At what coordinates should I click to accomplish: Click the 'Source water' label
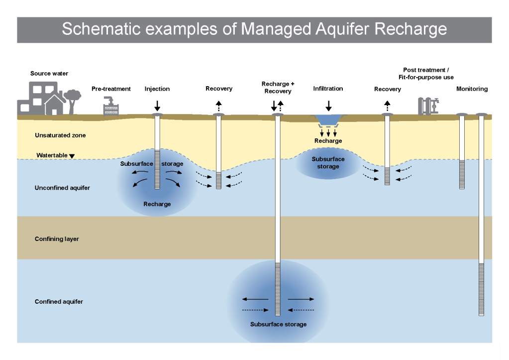(x=49, y=74)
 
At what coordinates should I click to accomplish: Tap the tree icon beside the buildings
(x=73, y=99)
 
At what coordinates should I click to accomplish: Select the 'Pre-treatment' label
(x=111, y=89)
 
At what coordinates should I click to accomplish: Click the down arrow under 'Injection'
(x=157, y=106)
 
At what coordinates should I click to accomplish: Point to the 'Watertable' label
(x=52, y=155)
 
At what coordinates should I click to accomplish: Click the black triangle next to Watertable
(x=72, y=156)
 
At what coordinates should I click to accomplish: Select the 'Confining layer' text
(x=57, y=239)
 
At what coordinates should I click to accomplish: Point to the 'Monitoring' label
(x=472, y=89)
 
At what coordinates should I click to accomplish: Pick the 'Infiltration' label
(x=328, y=89)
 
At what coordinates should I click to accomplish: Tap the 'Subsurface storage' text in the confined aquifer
(x=278, y=324)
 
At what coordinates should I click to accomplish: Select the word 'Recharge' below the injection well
(x=157, y=204)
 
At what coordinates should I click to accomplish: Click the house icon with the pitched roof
(x=54, y=105)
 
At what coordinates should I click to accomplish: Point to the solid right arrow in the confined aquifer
(x=301, y=299)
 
